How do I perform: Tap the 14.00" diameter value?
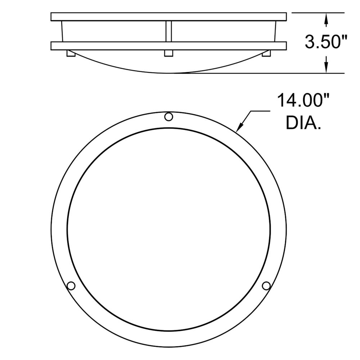click(x=303, y=100)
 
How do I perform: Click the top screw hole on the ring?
click(x=168, y=117)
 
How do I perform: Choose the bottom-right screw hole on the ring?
click(x=266, y=285)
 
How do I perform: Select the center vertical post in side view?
click(x=168, y=31)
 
